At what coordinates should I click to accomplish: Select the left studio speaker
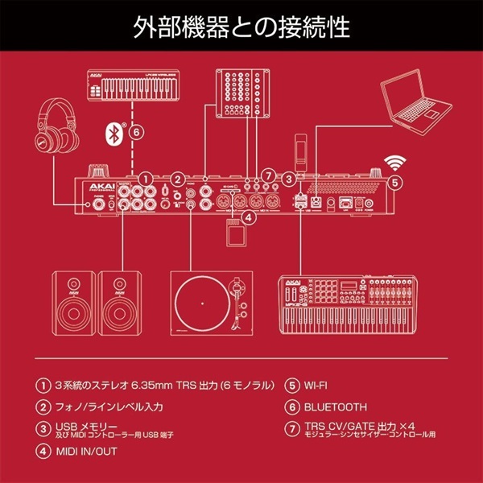pos(70,302)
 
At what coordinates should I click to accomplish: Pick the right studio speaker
pos(122,302)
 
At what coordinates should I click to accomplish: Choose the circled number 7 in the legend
pos(291,430)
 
